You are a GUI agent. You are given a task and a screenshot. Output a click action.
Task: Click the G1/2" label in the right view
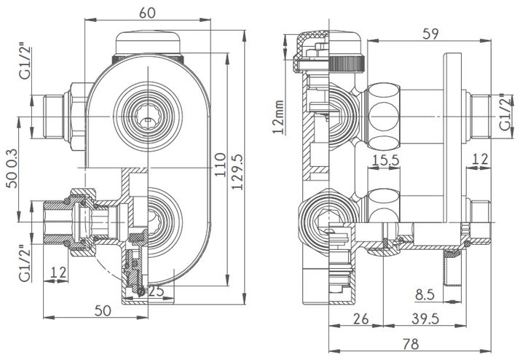[x=505, y=112]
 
